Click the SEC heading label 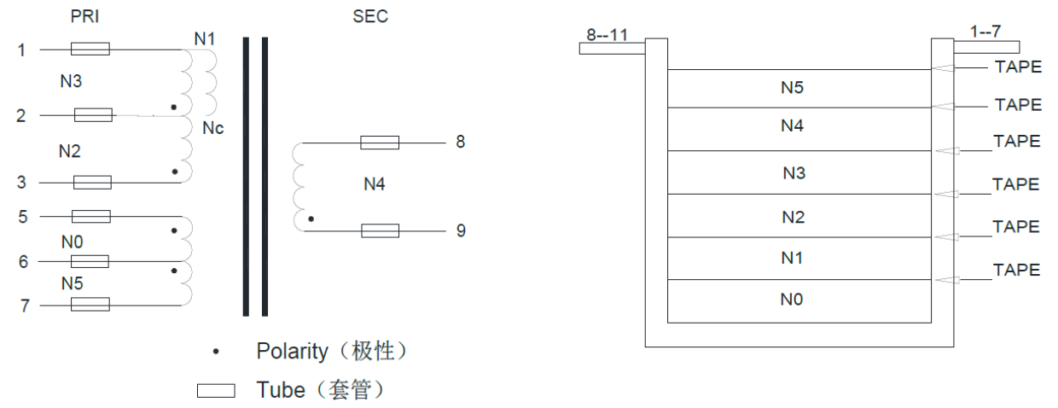[370, 16]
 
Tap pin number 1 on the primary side [21, 50]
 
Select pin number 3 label [21, 182]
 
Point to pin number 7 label [25, 305]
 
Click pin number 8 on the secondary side [461, 142]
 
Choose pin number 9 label [461, 230]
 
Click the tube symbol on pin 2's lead [94, 115]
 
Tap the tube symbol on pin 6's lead [90, 261]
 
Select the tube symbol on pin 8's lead [380, 142]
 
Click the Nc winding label [213, 129]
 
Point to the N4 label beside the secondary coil [375, 184]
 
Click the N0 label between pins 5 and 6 [73, 242]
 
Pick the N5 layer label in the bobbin [792, 87]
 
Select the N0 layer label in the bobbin [792, 300]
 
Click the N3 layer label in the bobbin [794, 173]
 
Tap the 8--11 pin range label [607, 35]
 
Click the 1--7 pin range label [986, 32]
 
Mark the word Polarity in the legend [293, 351]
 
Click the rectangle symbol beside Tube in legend [216, 390]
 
